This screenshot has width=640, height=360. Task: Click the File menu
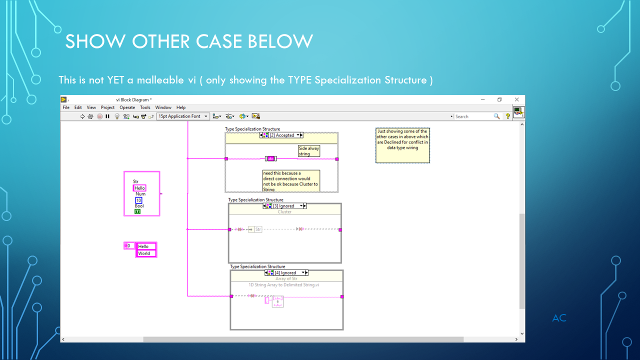click(x=66, y=107)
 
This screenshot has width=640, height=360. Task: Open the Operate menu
click(x=127, y=107)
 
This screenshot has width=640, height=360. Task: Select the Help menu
click(x=181, y=107)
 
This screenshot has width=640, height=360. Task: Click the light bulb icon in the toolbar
click(x=117, y=116)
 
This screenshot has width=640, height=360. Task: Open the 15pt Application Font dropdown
click(x=183, y=116)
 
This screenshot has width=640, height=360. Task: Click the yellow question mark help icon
click(x=507, y=116)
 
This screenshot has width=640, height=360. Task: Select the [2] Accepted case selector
click(x=282, y=135)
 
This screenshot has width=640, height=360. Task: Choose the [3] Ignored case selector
click(x=284, y=206)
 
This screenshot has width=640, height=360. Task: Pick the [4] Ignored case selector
click(x=286, y=273)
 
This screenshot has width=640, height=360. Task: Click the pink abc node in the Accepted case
click(x=270, y=158)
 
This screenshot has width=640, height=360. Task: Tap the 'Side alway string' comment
click(x=308, y=151)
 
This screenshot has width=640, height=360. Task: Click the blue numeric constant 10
click(x=138, y=200)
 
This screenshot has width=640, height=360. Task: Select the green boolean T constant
click(x=137, y=211)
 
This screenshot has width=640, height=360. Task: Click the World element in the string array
click(x=146, y=253)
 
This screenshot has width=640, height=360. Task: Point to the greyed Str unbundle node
click(x=257, y=229)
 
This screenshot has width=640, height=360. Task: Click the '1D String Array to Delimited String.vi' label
click(x=284, y=284)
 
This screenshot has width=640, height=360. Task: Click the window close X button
click(x=517, y=99)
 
